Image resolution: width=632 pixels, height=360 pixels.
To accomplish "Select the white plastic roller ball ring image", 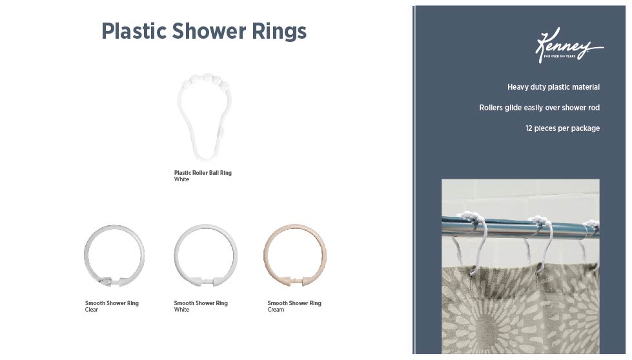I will click(x=204, y=117).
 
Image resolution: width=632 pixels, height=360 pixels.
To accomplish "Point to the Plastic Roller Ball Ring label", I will click(x=203, y=173).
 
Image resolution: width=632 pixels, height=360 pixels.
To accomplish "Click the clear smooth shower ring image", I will click(x=114, y=255).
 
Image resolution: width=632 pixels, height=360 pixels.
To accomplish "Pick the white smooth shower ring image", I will click(x=205, y=255).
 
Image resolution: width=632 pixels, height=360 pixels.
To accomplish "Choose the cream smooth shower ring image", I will click(x=295, y=255).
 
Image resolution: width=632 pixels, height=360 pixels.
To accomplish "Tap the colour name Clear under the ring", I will click(x=91, y=310).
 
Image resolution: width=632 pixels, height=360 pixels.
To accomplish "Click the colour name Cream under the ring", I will click(x=276, y=310).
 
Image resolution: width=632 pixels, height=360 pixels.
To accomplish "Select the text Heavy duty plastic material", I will click(x=553, y=87).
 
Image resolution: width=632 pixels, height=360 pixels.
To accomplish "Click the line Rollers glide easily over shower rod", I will click(x=539, y=108).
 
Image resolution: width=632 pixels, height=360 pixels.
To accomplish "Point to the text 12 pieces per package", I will click(x=562, y=128).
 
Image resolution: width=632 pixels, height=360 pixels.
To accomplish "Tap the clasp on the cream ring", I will click(x=295, y=281).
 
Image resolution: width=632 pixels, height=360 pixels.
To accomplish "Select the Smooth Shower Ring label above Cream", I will click(x=294, y=303).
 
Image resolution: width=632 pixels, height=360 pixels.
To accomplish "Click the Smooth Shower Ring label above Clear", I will click(x=112, y=303).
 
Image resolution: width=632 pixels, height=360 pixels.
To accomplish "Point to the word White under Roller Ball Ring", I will click(x=181, y=180).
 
